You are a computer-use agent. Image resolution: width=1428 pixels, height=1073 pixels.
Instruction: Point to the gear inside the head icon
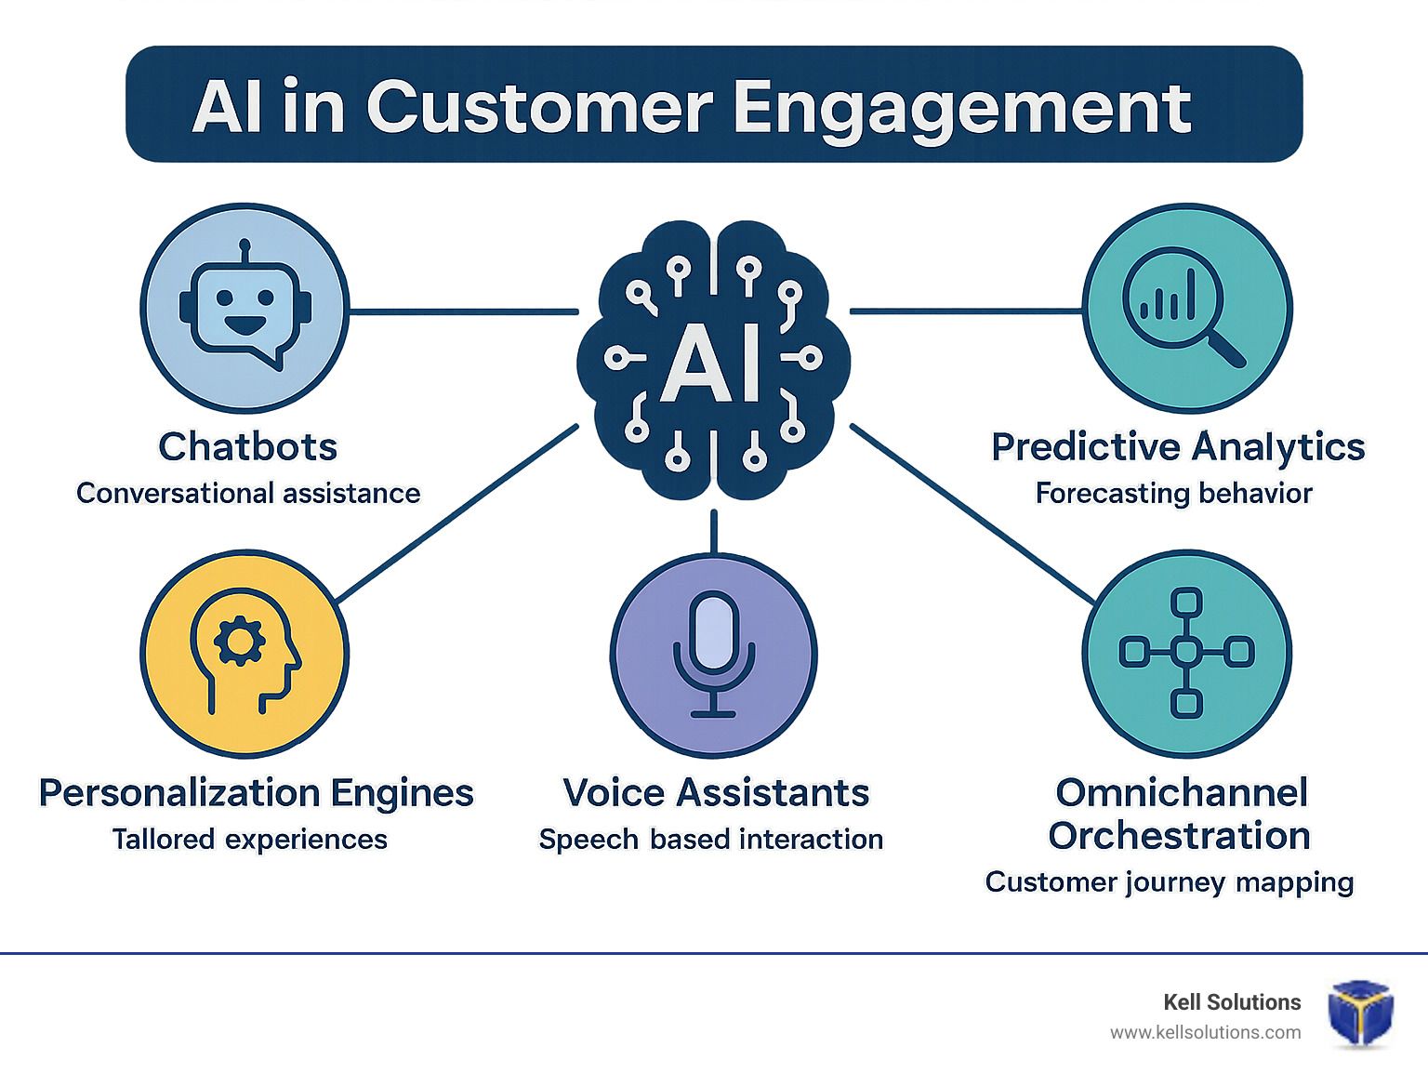pos(240,641)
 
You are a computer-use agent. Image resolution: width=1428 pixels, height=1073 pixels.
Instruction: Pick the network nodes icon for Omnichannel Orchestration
pos(1186,652)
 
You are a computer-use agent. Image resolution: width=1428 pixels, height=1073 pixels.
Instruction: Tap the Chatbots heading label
pos(248,446)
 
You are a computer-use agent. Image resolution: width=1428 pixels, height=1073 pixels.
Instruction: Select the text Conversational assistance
pos(248,493)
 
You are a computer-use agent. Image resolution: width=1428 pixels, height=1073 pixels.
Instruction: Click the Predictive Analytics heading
pos(1178,447)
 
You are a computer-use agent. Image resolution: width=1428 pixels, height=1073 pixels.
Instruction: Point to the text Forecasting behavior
pos(1173,493)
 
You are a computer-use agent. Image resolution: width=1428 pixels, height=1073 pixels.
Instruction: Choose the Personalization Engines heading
pos(257,794)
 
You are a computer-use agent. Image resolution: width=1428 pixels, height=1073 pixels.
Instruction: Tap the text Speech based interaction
pos(711,840)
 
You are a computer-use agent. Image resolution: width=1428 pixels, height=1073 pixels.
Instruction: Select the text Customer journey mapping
pos(1169,883)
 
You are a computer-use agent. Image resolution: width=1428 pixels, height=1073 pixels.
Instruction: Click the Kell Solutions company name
pos(1232,1002)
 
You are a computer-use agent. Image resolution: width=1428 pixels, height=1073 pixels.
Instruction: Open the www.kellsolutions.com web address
pos(1206,1033)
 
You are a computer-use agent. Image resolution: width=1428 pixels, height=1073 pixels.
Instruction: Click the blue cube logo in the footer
pos(1360,1013)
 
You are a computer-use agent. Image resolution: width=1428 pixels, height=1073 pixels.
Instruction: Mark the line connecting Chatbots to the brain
pos(464,311)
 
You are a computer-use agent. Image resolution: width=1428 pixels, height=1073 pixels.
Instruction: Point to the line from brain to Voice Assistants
pos(714,532)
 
